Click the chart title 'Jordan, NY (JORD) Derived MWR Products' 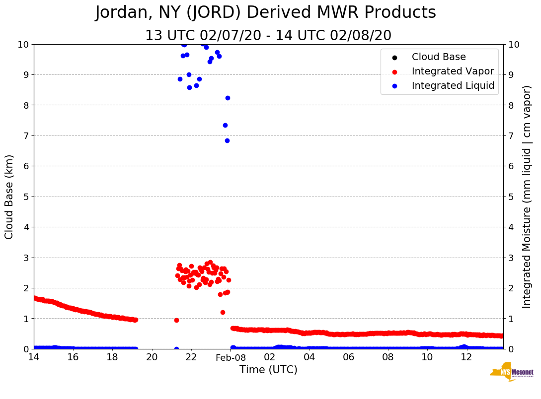[x=265, y=13]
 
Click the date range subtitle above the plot [x=268, y=36]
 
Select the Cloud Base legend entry [x=439, y=57]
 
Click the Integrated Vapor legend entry [x=453, y=71]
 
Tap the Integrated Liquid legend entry [x=453, y=86]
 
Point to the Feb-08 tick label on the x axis [x=231, y=358]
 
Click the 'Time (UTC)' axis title [x=268, y=370]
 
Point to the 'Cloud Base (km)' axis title [x=9, y=197]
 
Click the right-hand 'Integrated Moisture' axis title [x=527, y=197]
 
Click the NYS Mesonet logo [x=512, y=372]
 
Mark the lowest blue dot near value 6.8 [x=227, y=140]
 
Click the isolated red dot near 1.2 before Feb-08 [x=223, y=312]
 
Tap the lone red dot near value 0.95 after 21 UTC [x=176, y=320]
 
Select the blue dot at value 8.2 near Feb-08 [x=228, y=98]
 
